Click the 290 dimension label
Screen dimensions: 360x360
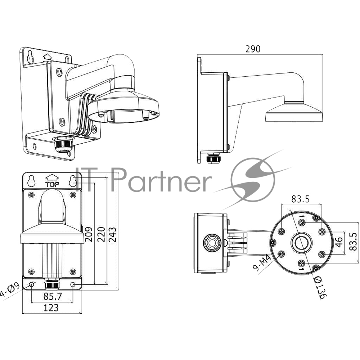(x=253, y=49)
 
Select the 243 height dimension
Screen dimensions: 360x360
(x=113, y=234)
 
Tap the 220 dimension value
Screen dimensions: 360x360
(x=101, y=234)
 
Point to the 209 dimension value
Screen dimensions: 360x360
(x=89, y=234)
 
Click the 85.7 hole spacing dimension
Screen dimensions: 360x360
(x=53, y=296)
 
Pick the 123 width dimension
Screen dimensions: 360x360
(x=51, y=308)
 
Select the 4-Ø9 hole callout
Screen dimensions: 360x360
(x=10, y=290)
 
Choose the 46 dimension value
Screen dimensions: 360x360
(x=339, y=242)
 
